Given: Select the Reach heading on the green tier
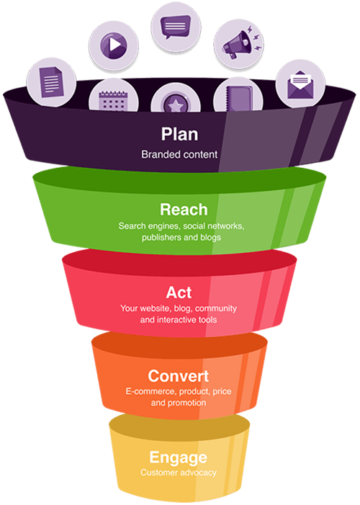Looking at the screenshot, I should pos(183,210).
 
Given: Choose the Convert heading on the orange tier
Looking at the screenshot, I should pos(178,375).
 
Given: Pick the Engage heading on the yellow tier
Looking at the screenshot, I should pos(178,457).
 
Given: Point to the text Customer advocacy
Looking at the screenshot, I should pos(178,473).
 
